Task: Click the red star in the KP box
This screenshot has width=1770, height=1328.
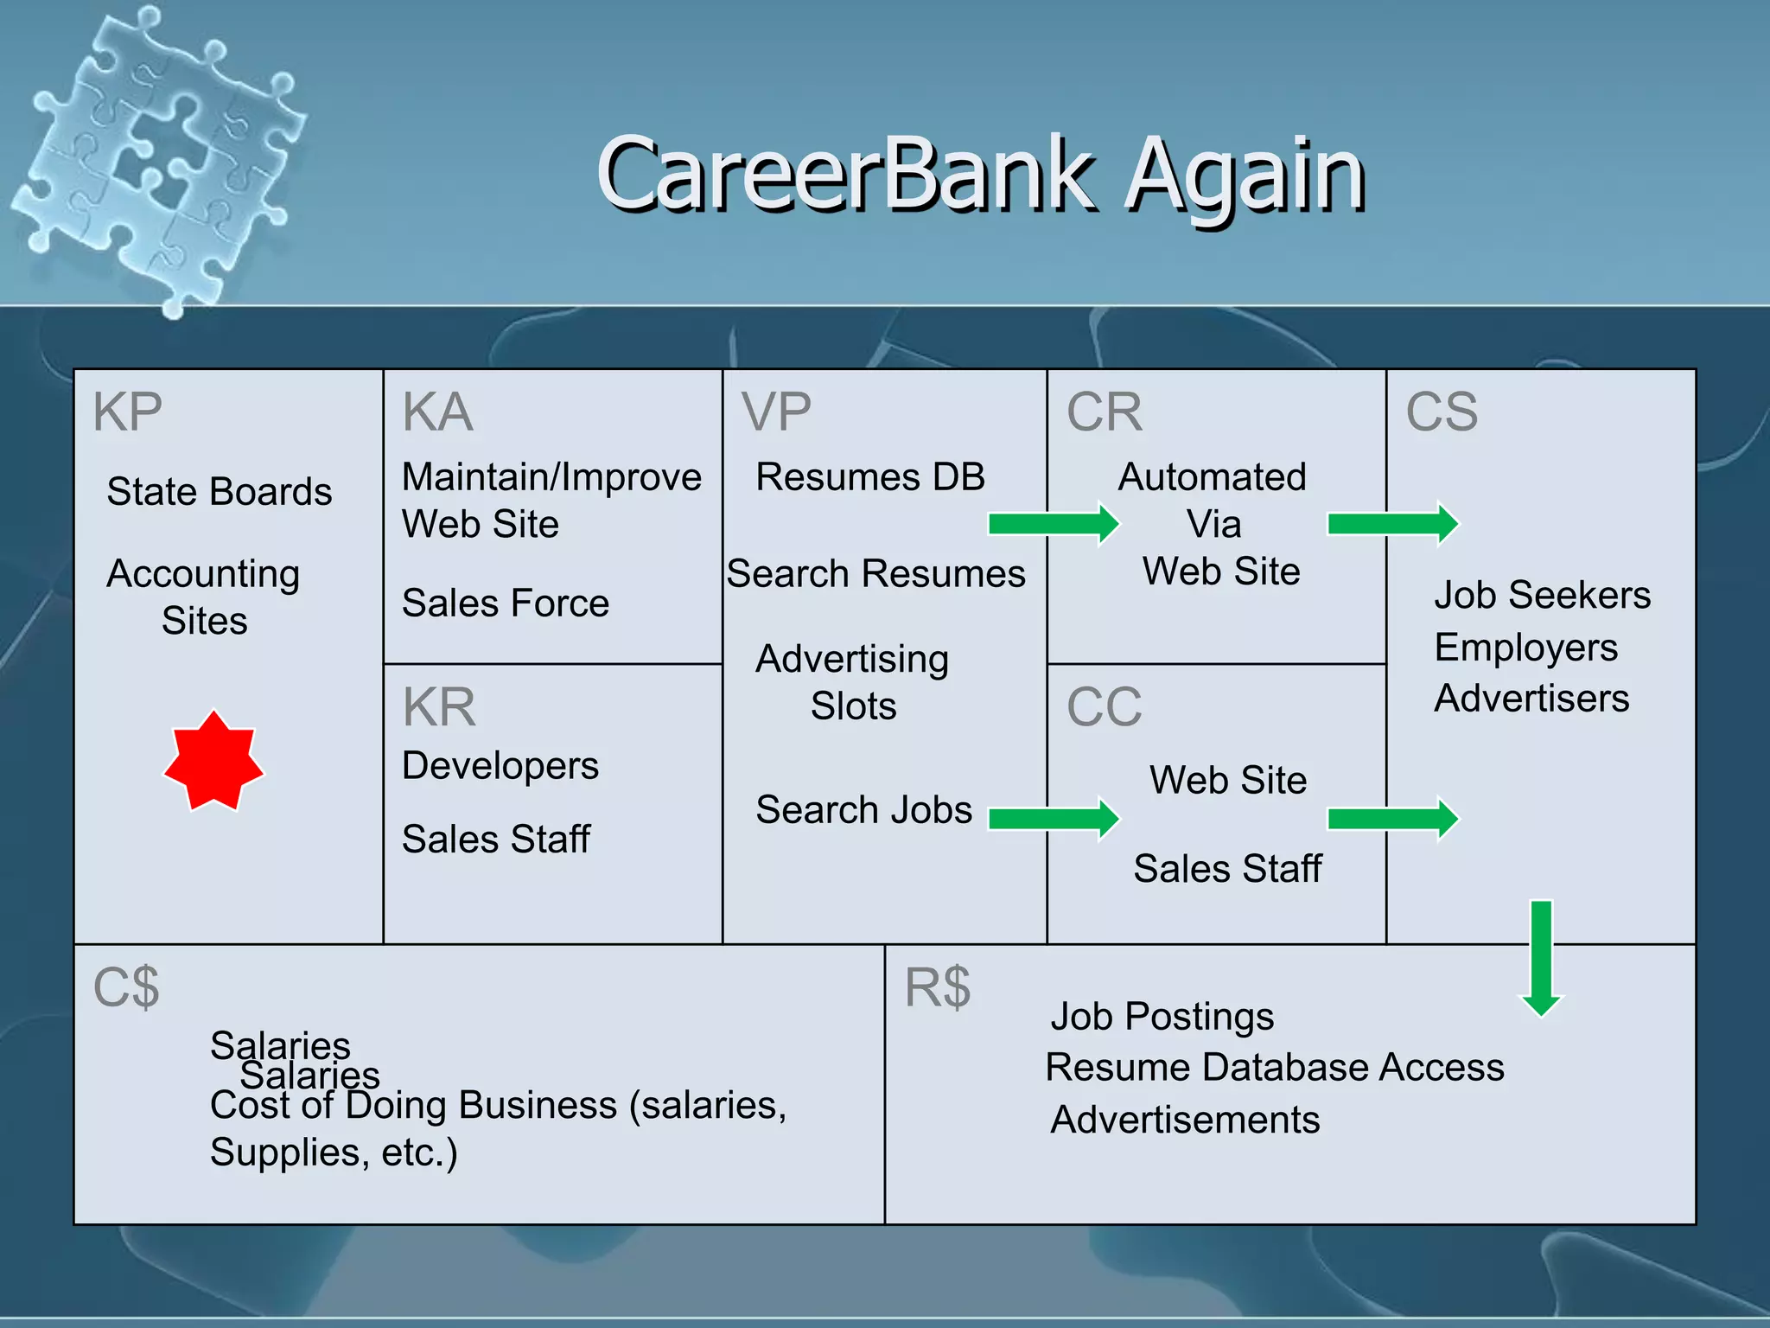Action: click(213, 762)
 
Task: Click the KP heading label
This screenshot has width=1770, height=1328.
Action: click(128, 412)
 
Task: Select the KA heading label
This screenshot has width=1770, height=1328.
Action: click(438, 412)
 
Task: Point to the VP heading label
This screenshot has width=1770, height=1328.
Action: click(776, 412)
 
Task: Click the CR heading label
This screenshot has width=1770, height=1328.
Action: click(1104, 412)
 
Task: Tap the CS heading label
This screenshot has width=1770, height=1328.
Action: click(1442, 412)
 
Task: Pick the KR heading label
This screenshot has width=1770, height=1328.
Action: click(439, 706)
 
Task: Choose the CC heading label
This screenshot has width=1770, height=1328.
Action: click(1104, 706)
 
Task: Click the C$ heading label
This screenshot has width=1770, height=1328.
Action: click(126, 986)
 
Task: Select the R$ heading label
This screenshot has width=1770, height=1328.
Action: click(938, 986)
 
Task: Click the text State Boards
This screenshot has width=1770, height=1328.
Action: click(220, 492)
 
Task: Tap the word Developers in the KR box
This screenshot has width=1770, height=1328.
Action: click(500, 766)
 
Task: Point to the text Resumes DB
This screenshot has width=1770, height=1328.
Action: click(870, 477)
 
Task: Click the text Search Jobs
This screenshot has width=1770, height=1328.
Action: click(863, 810)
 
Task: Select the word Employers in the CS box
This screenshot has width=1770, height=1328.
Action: click(1525, 648)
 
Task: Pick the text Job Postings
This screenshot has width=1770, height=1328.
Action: click(1162, 1017)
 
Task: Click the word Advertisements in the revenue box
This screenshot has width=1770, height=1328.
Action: click(1185, 1120)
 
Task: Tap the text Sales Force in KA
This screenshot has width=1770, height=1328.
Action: click(506, 603)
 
